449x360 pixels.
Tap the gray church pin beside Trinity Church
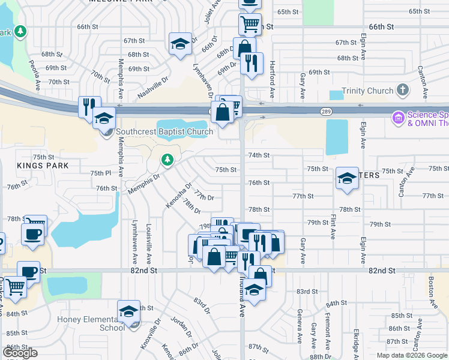402,91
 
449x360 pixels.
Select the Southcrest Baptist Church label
164,131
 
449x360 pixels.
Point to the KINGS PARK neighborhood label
43,165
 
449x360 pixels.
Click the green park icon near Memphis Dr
167,160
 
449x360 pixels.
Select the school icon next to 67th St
180,44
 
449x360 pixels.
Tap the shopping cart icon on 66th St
249,25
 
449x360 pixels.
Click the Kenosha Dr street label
178,196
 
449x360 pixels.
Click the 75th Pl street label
100,173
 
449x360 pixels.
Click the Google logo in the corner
20,353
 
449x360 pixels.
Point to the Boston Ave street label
430,284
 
